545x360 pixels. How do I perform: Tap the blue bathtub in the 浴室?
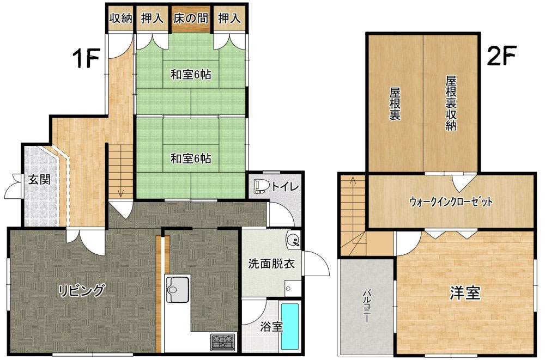coord(290,327)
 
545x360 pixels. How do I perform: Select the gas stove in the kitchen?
coord(223,341)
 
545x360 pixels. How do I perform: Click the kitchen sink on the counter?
coord(178,289)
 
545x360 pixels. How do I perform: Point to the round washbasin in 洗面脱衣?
coord(293,240)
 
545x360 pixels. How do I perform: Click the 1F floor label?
coord(86,58)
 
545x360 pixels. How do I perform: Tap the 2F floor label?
coord(501,56)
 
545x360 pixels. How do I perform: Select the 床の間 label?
coord(191,18)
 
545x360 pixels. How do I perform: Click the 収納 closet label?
coord(121,18)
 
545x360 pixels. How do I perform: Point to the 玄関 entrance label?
coord(40,179)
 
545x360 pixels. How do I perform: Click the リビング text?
coord(81,290)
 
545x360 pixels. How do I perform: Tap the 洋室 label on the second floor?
coord(465,293)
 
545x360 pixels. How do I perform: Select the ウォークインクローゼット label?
coord(451,202)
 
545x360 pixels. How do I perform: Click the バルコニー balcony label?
coord(367,307)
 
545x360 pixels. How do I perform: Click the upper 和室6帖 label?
coord(191,75)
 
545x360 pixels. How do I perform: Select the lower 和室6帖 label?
coord(191,158)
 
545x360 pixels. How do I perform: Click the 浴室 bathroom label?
coord(271,326)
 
